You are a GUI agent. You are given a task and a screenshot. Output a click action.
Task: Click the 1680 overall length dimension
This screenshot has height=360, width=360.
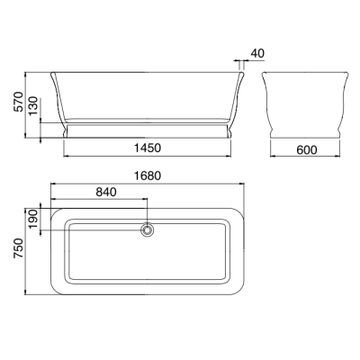pos(148,175)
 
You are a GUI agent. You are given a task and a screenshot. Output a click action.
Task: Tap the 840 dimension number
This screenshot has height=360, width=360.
pos(106,192)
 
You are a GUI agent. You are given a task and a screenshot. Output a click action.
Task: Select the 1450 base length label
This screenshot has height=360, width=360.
pos(148,148)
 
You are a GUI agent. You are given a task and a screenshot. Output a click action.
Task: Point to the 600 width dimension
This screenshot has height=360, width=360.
pos(307,149)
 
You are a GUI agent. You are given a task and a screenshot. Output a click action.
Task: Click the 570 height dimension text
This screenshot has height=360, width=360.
pos(18,102)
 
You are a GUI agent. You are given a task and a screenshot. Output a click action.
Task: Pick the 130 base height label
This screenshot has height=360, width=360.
pos(33,105)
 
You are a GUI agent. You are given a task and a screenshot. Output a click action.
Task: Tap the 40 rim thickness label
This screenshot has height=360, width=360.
pos(257,53)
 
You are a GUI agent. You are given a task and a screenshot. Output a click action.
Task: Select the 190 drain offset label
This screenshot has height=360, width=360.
pos(33,218)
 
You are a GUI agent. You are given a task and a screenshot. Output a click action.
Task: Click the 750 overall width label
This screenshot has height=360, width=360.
pos(18,248)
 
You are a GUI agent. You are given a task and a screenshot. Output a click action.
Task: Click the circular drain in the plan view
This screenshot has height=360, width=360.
pos(147,230)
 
